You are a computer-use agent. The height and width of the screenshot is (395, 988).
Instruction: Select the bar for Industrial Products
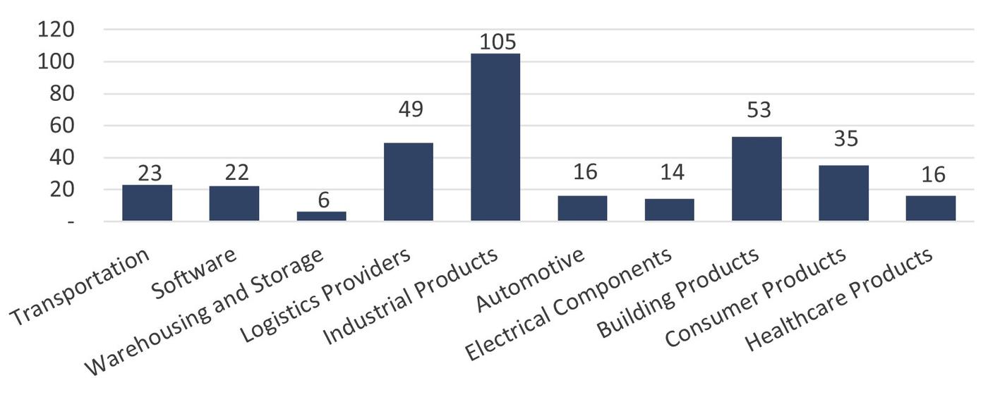coord(495,138)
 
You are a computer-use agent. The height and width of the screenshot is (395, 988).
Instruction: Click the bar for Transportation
coord(147,203)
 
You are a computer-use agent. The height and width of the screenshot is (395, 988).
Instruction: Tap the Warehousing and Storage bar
coord(321,217)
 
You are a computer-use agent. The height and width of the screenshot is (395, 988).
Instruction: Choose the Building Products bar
coord(757,179)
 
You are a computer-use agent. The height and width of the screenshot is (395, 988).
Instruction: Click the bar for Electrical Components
coord(670,210)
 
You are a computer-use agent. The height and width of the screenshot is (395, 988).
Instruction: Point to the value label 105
coord(498,42)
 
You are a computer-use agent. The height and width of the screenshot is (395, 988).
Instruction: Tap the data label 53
coord(757,110)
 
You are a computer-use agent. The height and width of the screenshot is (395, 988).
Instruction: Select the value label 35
coord(845,139)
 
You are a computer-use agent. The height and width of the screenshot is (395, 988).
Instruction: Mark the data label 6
coord(323,200)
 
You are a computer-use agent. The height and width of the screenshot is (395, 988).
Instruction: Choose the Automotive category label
coord(531,280)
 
